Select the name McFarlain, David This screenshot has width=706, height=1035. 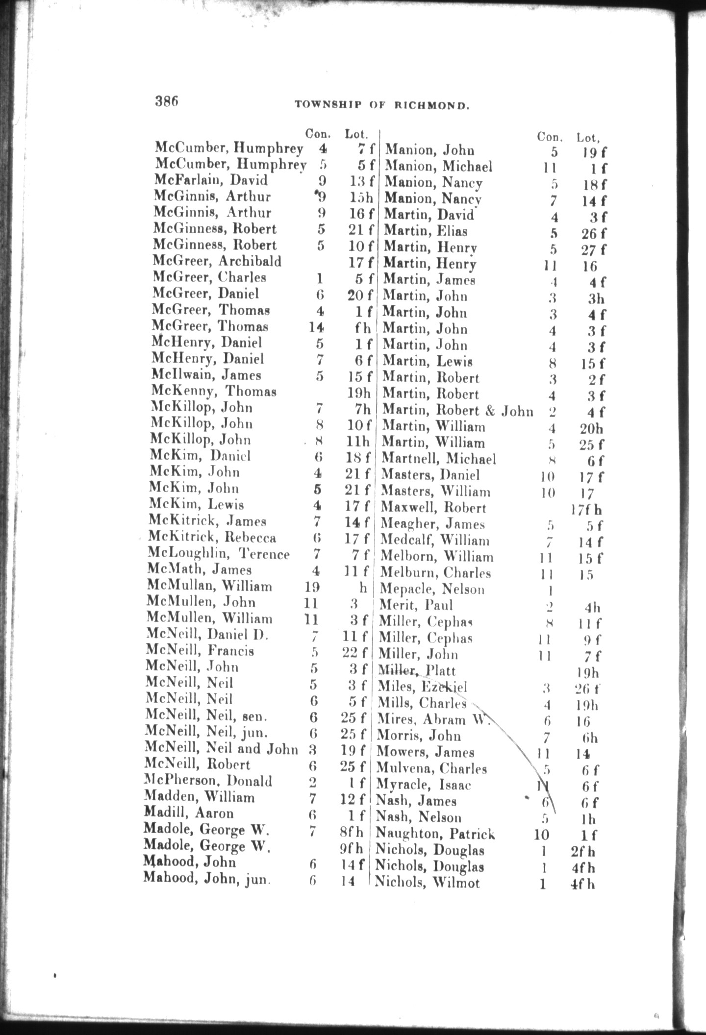211,180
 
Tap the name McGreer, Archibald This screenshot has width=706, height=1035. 217,261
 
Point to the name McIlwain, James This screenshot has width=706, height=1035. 206,375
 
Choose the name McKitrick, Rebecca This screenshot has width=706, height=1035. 212,537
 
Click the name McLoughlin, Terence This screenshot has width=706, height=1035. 218,554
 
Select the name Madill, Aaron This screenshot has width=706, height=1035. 189,813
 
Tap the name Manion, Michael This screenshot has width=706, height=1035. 438,167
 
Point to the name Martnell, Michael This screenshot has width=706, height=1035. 438,459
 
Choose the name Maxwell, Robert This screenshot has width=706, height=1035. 433,508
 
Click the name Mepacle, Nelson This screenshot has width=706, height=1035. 432,589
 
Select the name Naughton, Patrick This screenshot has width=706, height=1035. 435,834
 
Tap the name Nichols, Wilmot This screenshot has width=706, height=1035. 427,883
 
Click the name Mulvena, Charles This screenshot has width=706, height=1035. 431,768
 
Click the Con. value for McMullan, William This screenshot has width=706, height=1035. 311,587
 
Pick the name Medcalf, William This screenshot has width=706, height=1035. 434,541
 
